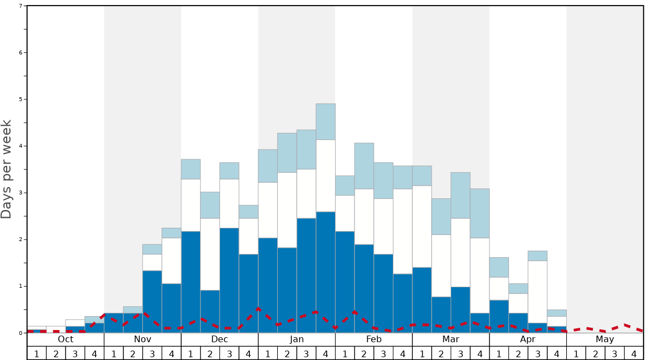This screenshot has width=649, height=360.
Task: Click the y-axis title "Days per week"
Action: (x=7, y=169)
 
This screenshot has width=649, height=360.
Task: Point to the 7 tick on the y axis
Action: (x=21, y=6)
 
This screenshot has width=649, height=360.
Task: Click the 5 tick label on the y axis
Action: (x=21, y=99)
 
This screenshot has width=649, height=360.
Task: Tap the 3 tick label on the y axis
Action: (x=21, y=193)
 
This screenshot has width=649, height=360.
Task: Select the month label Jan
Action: (x=297, y=339)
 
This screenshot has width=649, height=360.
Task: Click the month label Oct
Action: (x=66, y=339)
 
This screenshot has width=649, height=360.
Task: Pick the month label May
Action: (x=605, y=339)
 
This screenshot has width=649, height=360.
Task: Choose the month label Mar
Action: (x=451, y=339)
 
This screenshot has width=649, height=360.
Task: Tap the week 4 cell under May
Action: (x=634, y=353)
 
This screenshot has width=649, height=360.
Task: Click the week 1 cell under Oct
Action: (x=37, y=353)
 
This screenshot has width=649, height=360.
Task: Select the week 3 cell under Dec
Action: (x=229, y=353)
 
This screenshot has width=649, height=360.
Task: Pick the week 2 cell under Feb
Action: (x=364, y=353)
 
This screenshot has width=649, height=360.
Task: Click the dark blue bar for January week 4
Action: (x=326, y=272)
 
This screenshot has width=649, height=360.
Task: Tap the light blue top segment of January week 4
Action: (x=326, y=122)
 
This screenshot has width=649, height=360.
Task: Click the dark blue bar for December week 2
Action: (x=210, y=311)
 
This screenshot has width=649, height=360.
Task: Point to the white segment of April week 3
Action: (x=537, y=292)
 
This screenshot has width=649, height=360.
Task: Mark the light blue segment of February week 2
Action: (x=364, y=166)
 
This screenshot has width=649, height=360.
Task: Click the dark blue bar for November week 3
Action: (x=152, y=302)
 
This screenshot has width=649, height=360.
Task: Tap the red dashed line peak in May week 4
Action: (x=626, y=324)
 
